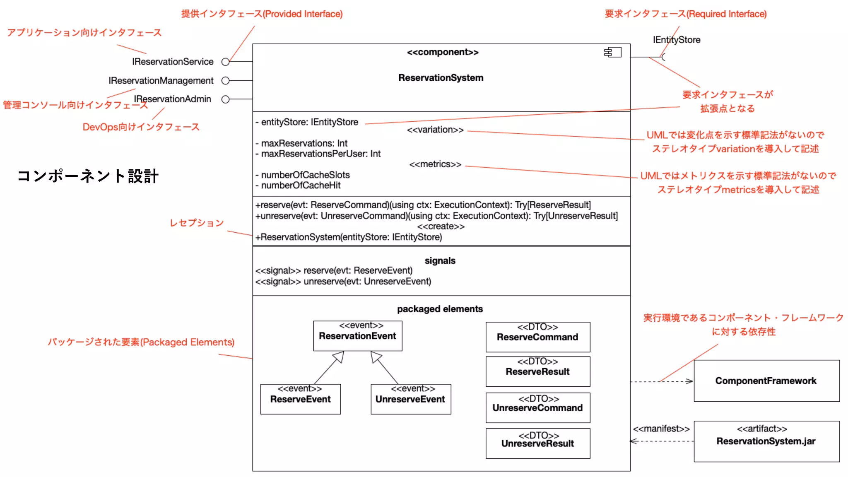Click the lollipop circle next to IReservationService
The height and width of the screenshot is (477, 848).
pos(225,62)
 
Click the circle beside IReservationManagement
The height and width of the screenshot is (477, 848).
pos(225,81)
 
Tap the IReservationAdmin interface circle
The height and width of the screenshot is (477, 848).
pos(225,99)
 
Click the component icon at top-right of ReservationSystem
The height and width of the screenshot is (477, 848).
pos(613,52)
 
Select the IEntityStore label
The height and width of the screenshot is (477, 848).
pos(677,40)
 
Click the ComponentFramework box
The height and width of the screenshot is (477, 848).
pos(766,381)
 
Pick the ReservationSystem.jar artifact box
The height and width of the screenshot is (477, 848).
pos(766,441)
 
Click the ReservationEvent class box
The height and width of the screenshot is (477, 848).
pos(358,336)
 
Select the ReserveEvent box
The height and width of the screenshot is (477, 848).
pos(301,399)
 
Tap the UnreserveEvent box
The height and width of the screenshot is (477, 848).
pos(410,399)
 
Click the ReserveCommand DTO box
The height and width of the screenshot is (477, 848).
pos(537,337)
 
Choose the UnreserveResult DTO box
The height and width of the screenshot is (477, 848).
pos(537,443)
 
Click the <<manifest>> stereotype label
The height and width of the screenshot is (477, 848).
pos(661,429)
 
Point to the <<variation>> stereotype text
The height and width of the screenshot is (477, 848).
pos(435,130)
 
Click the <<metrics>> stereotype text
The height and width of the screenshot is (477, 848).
pos(435,164)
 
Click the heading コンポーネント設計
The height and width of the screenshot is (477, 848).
pos(88,176)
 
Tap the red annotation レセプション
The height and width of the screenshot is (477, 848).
pos(197,223)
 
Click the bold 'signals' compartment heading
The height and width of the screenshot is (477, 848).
pos(440,260)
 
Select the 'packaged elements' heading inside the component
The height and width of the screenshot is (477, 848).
pos(440,309)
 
